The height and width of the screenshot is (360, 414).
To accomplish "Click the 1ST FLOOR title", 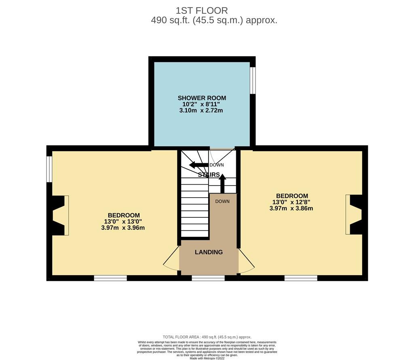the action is click(x=202, y=11).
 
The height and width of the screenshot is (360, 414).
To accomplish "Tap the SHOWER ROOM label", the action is click(x=202, y=98).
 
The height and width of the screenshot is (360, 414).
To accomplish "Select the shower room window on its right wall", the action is click(x=253, y=80).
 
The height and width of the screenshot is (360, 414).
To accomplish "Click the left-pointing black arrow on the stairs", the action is click(x=199, y=165).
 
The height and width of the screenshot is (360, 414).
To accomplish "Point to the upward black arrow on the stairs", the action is click(x=223, y=183).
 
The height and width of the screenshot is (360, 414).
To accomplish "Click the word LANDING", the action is click(x=209, y=252).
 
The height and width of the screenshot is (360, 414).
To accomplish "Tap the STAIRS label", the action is click(x=209, y=175).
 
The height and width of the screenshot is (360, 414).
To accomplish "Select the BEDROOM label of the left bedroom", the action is click(x=124, y=215).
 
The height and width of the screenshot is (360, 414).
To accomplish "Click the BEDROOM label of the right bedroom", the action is click(x=292, y=196).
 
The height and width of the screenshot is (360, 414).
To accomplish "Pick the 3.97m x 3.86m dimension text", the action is click(x=291, y=208).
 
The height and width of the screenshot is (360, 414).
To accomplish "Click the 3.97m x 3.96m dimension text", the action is click(x=123, y=227).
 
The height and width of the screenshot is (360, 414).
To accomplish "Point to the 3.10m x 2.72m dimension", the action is click(x=201, y=110).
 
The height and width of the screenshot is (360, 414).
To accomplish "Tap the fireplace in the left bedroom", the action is click(x=60, y=215).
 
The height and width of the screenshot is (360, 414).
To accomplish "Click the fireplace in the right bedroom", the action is click(x=354, y=215).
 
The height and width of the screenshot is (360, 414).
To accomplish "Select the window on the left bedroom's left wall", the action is click(x=49, y=169).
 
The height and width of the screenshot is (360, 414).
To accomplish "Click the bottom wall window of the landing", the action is click(x=208, y=278).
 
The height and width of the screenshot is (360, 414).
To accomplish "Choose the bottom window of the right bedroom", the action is click(x=301, y=278).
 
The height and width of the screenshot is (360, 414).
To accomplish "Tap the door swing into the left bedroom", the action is click(x=171, y=260).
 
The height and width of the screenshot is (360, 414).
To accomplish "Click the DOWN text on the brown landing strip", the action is click(x=222, y=201).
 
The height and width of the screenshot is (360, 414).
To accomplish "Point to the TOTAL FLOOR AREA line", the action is click(x=207, y=337).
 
